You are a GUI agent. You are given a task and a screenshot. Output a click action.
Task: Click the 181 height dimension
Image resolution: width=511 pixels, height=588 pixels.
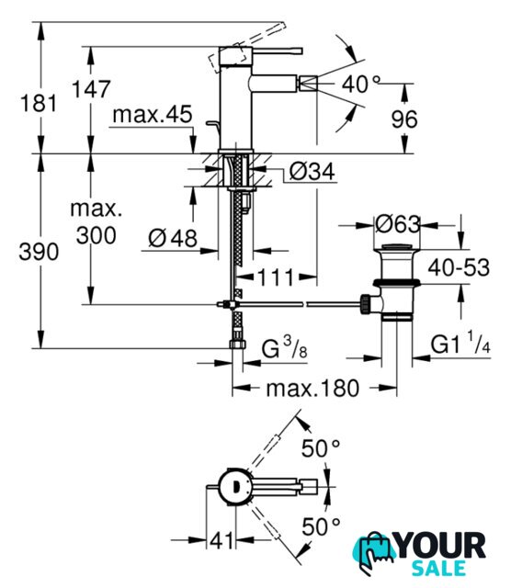coord(39,104)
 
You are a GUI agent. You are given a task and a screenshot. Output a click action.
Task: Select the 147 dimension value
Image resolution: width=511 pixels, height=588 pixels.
coord(91,89)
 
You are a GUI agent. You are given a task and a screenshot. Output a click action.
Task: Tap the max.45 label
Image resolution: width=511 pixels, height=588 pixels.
coord(153,114)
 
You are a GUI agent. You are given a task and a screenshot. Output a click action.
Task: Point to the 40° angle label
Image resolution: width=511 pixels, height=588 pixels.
coord(360,84)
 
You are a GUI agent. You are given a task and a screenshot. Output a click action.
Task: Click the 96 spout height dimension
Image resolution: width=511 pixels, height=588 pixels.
coord(404,119)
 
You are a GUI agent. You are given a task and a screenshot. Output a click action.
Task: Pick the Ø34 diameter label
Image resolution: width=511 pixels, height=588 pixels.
coord(312,172)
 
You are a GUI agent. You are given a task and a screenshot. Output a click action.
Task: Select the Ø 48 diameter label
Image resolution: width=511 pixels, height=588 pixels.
coord(173,238)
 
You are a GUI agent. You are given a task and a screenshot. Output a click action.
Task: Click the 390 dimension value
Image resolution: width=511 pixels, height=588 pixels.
coord(39,252)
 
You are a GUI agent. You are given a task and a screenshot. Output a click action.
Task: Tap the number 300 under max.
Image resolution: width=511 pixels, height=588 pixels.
coord(97,236)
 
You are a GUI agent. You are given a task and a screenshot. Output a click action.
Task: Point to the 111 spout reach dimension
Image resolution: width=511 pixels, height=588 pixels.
coord(275,277)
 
